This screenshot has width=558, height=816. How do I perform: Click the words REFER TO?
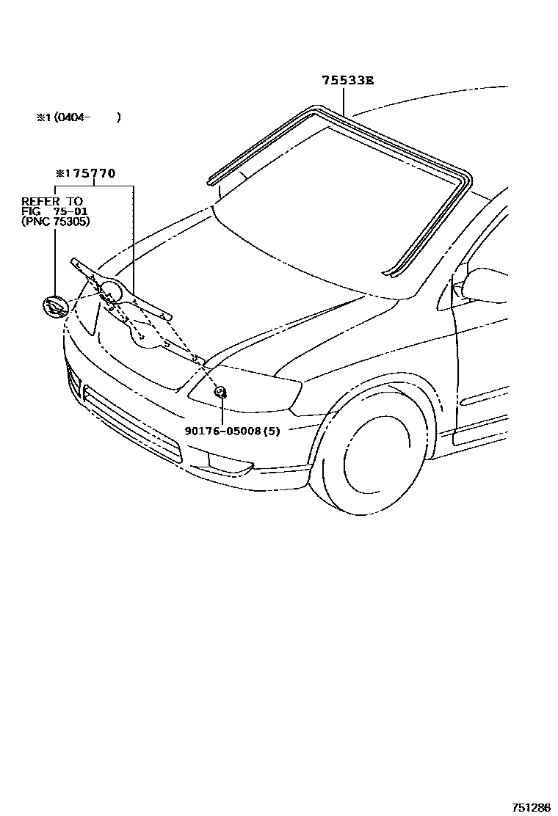[51, 201]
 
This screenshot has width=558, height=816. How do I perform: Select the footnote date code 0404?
[72, 117]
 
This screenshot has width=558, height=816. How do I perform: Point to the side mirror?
[485, 284]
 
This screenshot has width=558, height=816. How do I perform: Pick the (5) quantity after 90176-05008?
[272, 431]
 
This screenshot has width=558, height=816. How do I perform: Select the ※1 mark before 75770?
[61, 174]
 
